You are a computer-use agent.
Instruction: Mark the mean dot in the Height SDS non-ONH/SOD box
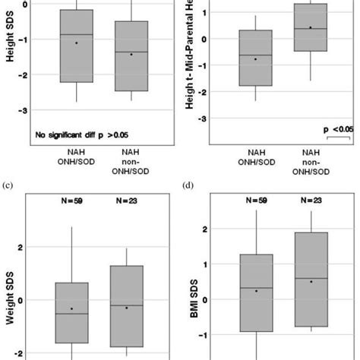click(131, 54)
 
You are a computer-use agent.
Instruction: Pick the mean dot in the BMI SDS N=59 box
click(256, 291)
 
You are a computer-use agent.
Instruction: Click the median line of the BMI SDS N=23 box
click(309, 279)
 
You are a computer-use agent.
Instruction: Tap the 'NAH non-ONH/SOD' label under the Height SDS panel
click(131, 161)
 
